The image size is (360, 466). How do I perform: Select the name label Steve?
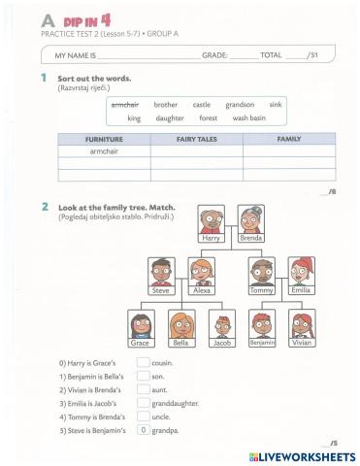(x=161, y=290)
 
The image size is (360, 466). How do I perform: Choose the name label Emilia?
(x=301, y=290)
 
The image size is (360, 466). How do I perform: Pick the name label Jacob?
(x=222, y=343)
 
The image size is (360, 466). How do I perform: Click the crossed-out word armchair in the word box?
(x=125, y=104)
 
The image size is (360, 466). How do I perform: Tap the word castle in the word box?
(x=202, y=104)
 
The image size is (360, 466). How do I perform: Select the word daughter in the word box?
(x=170, y=117)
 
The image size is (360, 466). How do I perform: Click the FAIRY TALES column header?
(x=196, y=140)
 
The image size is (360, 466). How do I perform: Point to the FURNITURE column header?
(x=104, y=140)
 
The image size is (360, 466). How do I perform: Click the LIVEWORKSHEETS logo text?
(x=308, y=454)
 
